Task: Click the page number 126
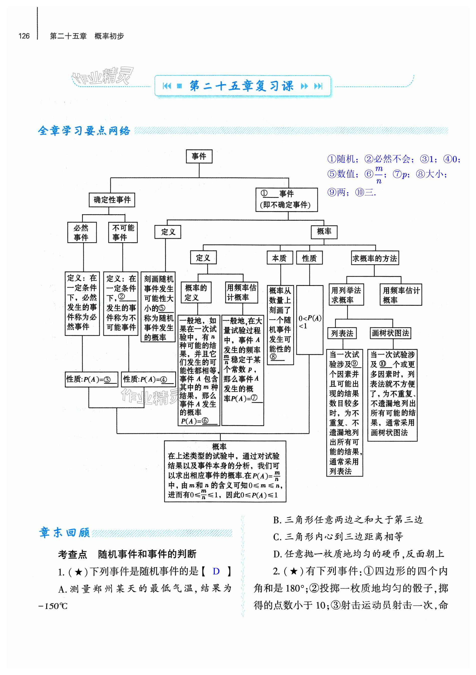(x=24, y=36)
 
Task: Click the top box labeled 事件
(x=199, y=156)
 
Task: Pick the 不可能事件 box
(x=123, y=232)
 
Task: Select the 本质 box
(x=280, y=258)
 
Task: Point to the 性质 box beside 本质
(x=309, y=258)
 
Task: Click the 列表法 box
(x=342, y=333)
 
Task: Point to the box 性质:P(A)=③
(x=91, y=379)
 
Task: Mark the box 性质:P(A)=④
(x=148, y=379)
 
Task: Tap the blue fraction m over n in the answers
(x=379, y=175)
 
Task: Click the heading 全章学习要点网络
(x=84, y=131)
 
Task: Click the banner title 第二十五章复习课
(x=242, y=86)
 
